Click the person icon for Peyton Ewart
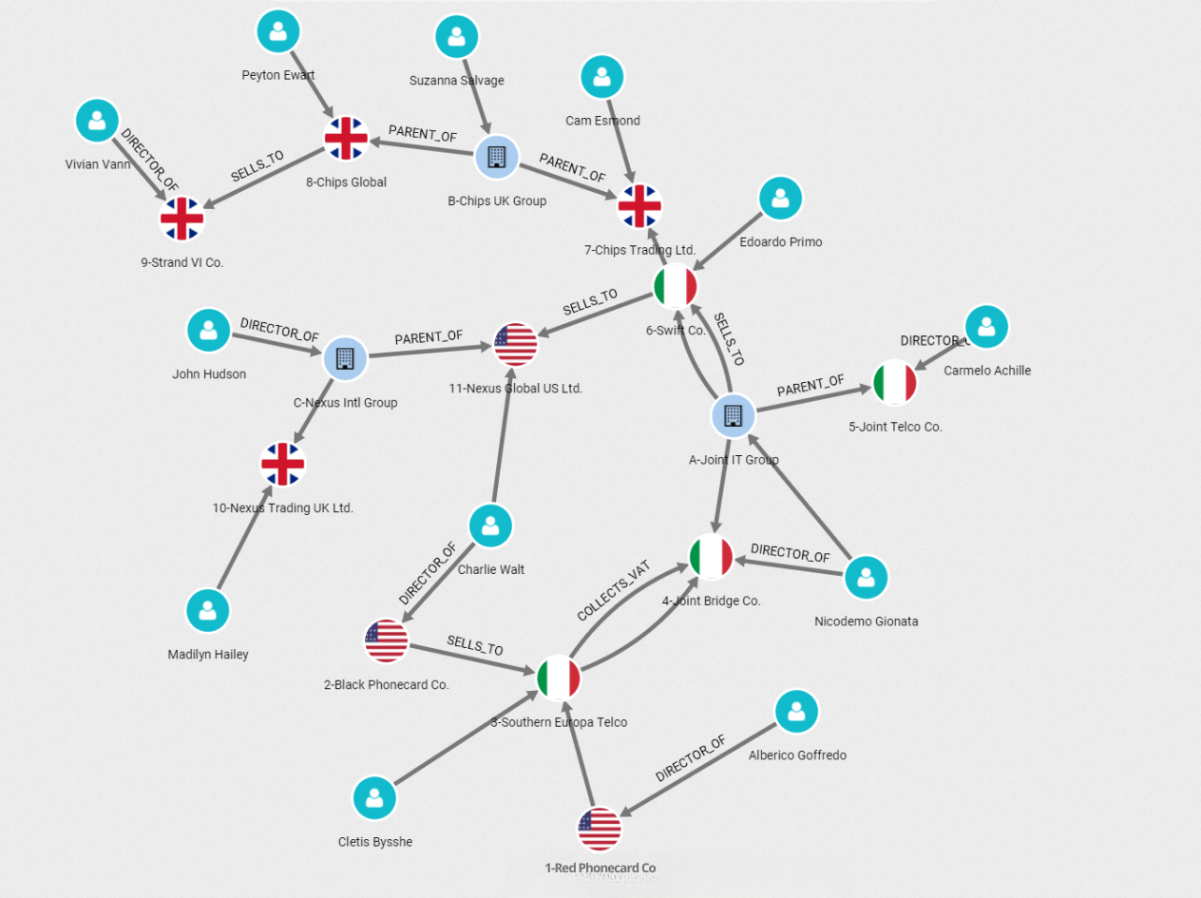click(277, 32)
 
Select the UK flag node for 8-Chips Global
click(345, 139)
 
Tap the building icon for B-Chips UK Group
click(496, 157)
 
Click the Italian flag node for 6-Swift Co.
click(676, 287)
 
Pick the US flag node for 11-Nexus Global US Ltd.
click(516, 344)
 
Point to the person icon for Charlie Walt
click(490, 525)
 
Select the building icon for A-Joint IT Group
click(733, 416)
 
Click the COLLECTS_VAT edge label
click(613, 590)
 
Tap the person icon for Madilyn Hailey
click(208, 611)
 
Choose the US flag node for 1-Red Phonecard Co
click(600, 830)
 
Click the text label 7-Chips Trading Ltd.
click(639, 250)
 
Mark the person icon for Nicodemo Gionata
click(866, 577)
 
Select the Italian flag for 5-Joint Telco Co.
click(894, 383)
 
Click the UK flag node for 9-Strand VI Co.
click(181, 219)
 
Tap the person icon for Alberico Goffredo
click(796, 711)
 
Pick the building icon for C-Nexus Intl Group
click(345, 359)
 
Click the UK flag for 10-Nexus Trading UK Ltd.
click(283, 465)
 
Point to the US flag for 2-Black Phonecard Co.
click(387, 641)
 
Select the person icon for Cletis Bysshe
click(374, 797)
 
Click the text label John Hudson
click(209, 374)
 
